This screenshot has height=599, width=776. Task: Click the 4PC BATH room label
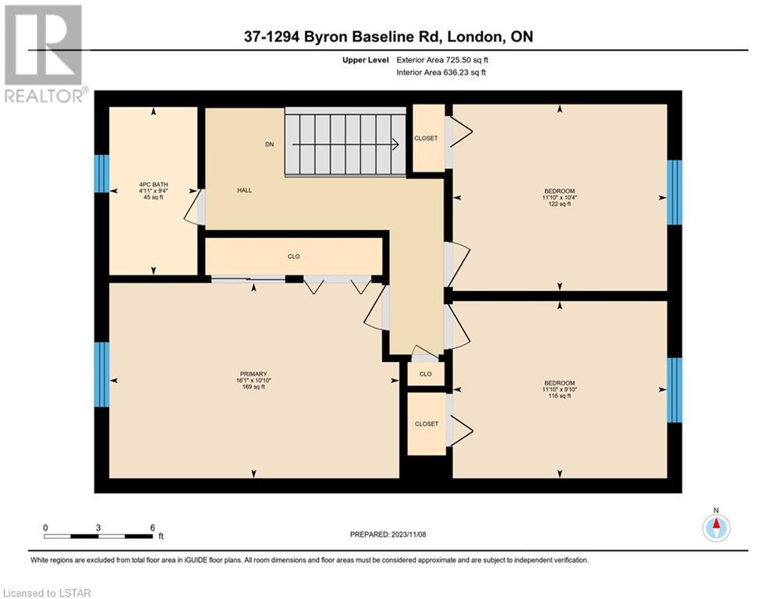[x=154, y=190]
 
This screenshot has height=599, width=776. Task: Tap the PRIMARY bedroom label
[x=253, y=380]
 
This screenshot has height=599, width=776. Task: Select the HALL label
[x=244, y=190]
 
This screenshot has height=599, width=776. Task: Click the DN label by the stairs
[x=269, y=144]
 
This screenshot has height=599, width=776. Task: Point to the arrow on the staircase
[x=345, y=144]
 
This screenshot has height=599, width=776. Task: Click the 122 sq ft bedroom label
[x=560, y=197]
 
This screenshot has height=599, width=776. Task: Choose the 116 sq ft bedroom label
[x=560, y=389]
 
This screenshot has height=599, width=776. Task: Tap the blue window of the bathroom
[x=102, y=174]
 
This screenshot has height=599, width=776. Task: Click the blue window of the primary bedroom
[x=102, y=374]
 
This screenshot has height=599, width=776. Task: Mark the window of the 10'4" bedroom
[x=675, y=192]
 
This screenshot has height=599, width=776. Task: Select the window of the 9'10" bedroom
[x=675, y=390]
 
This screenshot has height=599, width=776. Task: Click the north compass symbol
[x=716, y=526]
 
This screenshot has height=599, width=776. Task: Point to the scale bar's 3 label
[x=98, y=528]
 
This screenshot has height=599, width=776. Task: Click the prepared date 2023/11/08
[x=409, y=534]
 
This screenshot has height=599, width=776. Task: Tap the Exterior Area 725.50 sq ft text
[x=442, y=60]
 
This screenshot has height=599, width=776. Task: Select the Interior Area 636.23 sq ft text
[x=441, y=73]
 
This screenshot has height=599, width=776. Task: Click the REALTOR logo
[x=44, y=54]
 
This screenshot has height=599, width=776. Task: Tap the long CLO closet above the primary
[x=294, y=257]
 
